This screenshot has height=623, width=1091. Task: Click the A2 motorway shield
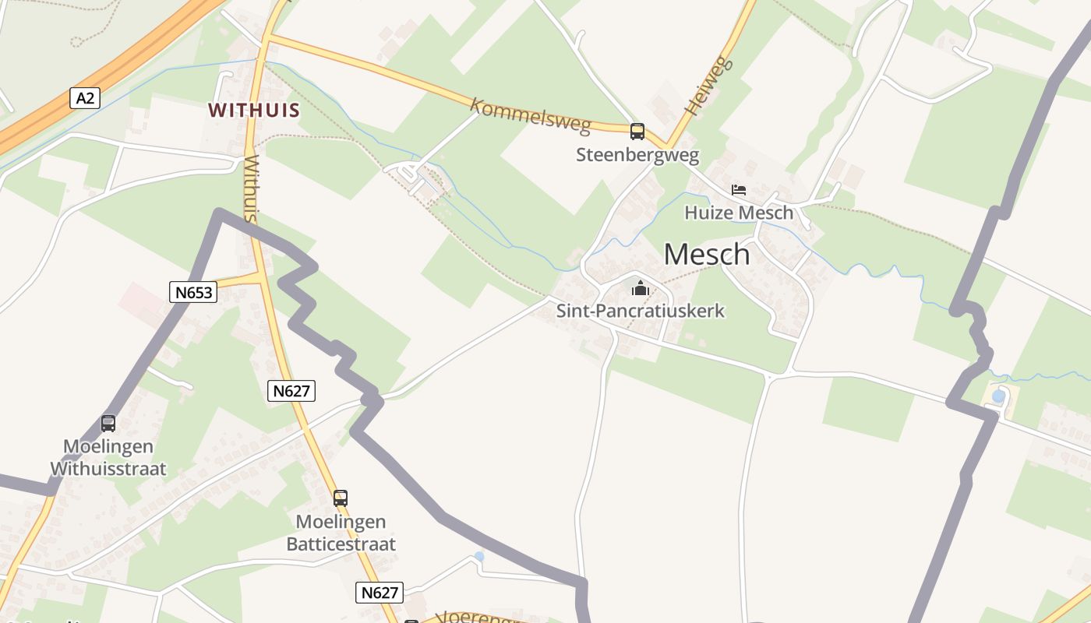click(x=86, y=98)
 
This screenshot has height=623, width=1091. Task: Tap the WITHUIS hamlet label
click(x=254, y=110)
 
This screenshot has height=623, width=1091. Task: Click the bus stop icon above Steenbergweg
click(x=637, y=131)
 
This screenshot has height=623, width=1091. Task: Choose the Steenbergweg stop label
click(x=637, y=155)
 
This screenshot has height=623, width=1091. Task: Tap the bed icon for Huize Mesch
click(x=738, y=189)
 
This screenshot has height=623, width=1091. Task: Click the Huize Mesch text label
click(x=738, y=213)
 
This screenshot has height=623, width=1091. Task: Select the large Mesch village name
click(x=707, y=254)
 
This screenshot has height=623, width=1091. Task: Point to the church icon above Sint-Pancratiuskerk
click(x=641, y=289)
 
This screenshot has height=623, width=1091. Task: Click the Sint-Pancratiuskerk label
click(x=641, y=311)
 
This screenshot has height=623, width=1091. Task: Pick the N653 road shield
click(x=192, y=292)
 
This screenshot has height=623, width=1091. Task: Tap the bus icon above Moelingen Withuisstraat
click(x=108, y=424)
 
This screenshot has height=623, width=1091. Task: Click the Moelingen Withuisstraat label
click(x=108, y=458)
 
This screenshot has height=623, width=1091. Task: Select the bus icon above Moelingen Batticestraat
click(x=341, y=498)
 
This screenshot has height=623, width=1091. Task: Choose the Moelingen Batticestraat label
click(x=341, y=533)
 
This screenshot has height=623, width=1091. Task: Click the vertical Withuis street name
click(x=250, y=189)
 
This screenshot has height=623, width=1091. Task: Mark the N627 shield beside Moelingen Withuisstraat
click(x=291, y=391)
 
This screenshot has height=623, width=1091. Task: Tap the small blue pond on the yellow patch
click(x=998, y=396)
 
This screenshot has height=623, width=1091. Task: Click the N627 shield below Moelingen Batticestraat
click(x=380, y=593)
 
